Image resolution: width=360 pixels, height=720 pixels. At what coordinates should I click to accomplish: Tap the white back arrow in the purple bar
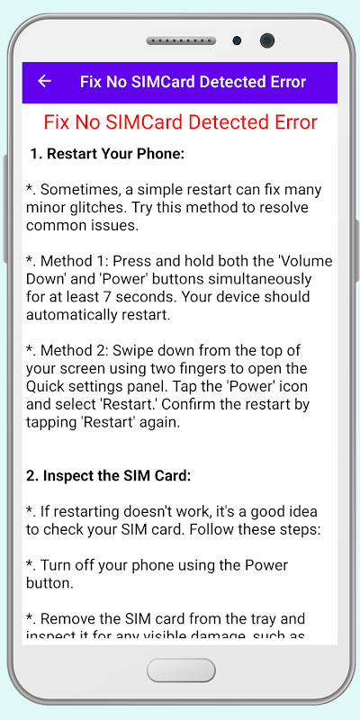click(x=44, y=81)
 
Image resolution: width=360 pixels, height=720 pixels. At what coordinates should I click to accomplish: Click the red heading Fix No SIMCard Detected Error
click(x=181, y=122)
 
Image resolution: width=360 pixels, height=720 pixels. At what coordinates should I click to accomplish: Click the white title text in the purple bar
click(x=193, y=82)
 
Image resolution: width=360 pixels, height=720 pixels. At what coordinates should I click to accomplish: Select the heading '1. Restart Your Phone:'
click(x=107, y=154)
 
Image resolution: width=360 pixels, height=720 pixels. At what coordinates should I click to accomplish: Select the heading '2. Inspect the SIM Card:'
click(x=108, y=476)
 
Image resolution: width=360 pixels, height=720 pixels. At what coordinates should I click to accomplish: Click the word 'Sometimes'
click(x=76, y=190)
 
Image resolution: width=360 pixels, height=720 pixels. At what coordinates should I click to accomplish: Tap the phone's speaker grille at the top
click(x=181, y=40)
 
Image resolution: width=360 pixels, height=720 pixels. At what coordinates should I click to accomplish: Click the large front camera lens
click(x=267, y=40)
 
